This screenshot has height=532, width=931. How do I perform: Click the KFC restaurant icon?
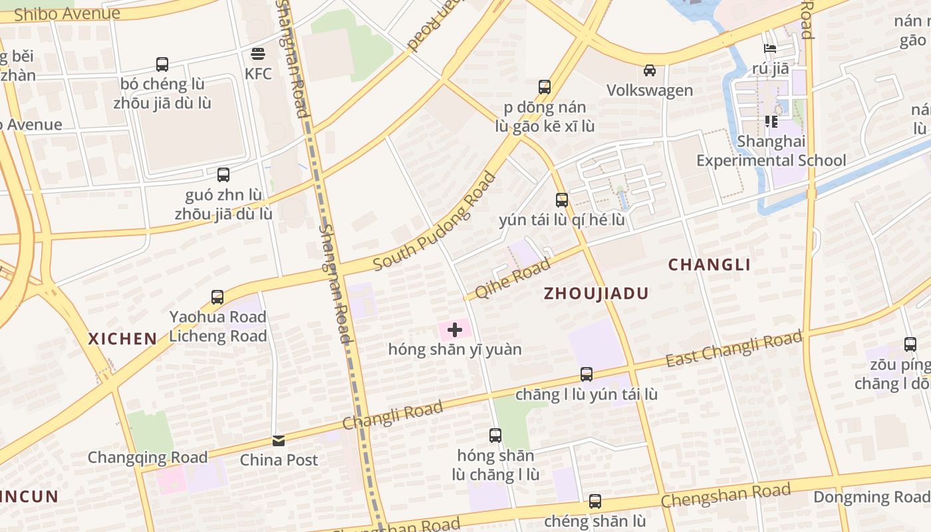pos(258,54)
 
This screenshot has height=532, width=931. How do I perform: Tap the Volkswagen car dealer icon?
pos(650,70)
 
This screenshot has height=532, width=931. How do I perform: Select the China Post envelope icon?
pos(279,440)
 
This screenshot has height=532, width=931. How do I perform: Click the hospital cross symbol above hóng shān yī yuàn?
pos(455,330)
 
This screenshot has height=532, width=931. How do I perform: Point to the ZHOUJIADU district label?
pos(596,293)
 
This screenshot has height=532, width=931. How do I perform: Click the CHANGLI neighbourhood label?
pos(710,265)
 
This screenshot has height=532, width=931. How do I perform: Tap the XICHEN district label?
pos(123,338)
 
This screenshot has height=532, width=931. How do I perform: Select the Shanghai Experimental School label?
pos(771,151)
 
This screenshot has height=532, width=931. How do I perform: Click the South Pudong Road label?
pos(435,221)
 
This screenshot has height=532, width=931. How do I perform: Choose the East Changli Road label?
pos(734,350)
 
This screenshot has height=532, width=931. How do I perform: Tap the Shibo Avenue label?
pos(66,13)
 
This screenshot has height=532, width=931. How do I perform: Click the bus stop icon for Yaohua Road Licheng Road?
pos(217,297)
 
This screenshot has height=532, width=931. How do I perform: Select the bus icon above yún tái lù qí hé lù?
pos(562,199)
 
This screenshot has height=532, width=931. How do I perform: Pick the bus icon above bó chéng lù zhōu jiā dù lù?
pos(162,65)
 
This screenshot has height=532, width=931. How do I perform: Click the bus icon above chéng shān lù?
pos(595,501)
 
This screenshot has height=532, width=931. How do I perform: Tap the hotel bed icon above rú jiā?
pos(770,49)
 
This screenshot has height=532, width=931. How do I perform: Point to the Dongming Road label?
pos(871,497)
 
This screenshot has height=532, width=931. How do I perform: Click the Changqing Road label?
pos(148,458)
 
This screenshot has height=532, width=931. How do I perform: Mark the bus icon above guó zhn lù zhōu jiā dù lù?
pos(223,175)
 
